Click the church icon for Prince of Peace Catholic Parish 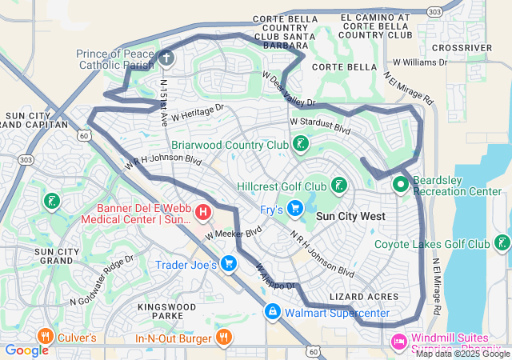point(165,58)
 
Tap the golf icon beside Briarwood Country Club point(300,145)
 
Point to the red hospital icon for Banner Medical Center point(203,212)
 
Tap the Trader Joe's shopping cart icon point(229,263)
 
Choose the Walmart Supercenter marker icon point(273,311)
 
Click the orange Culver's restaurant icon point(45,337)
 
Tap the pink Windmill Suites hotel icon point(398,342)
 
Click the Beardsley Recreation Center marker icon point(400,185)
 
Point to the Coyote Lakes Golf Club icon point(502,243)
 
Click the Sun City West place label point(350,216)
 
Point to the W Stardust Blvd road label point(320,125)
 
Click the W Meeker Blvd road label point(233,233)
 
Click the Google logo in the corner point(27,350)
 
